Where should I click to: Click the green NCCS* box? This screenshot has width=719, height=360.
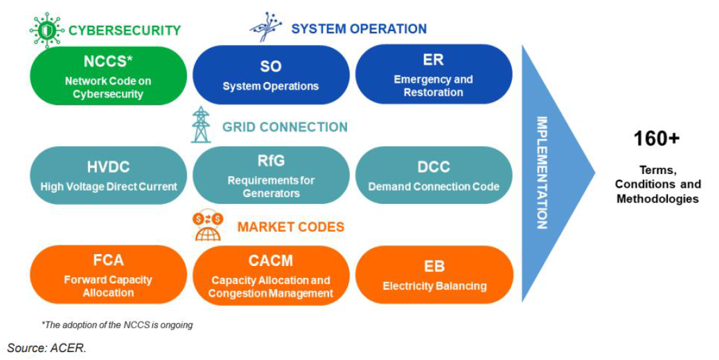109,76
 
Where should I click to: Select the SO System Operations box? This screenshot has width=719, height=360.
271,75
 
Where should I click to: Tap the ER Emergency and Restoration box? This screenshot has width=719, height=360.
434,75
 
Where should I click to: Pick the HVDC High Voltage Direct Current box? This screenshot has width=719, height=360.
109,176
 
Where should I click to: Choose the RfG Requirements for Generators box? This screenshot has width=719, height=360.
271,176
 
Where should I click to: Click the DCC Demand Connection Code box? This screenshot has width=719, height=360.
434,176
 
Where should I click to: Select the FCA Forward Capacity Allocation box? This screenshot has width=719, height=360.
109,275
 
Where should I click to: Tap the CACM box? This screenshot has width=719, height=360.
271,276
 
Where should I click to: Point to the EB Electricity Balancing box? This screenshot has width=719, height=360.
434,275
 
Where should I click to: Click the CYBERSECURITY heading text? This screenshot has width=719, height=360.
124,30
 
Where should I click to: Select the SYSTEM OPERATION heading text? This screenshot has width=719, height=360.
359,29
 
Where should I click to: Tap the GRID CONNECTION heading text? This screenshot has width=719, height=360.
285,127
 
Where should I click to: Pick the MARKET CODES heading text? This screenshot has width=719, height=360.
291,227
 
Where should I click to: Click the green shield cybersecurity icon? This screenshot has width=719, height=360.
46,29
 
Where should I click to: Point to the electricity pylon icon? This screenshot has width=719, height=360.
201,124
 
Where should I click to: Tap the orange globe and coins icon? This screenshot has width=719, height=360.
208,226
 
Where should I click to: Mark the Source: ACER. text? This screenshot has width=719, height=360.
47,347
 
